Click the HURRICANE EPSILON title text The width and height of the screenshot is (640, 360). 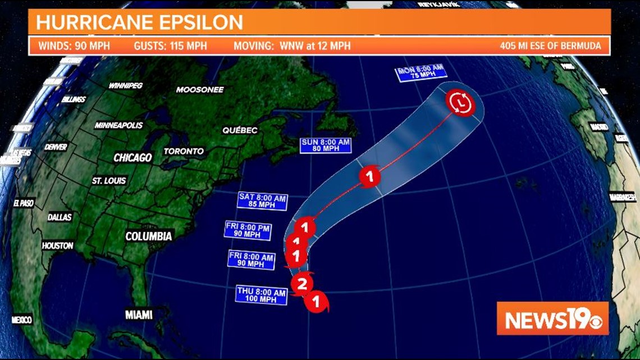140,22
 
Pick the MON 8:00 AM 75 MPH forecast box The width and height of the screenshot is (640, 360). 420,72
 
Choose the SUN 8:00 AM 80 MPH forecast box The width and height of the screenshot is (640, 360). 326,145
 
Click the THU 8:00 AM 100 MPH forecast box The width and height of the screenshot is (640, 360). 262,295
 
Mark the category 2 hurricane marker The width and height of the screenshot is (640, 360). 302,284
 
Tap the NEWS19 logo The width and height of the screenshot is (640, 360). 552,318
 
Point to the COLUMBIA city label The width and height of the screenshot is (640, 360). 148,236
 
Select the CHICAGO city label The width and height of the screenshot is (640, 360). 132,158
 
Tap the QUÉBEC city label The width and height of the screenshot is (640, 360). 240,130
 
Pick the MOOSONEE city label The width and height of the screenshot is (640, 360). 200,90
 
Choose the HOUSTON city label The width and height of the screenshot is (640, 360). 57,245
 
